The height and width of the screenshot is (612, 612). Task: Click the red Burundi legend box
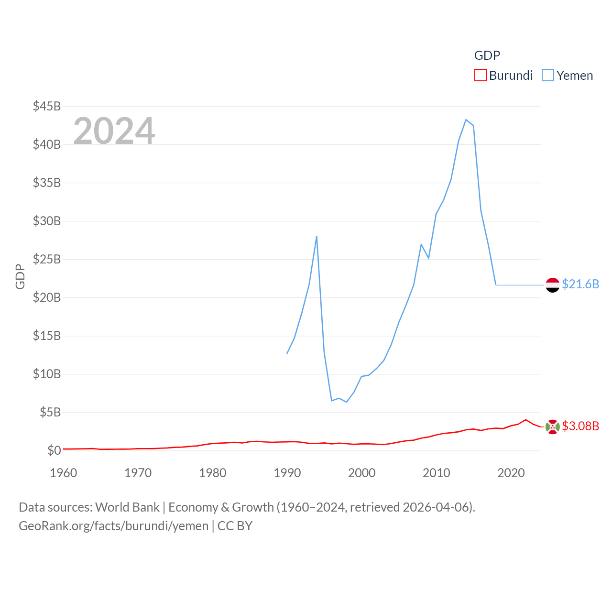[x=480, y=76]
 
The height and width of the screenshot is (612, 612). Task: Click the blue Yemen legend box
[x=547, y=76]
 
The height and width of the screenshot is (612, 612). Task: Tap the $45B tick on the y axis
[x=47, y=106]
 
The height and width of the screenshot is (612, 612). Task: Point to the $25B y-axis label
[x=47, y=259]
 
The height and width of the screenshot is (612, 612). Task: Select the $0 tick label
[x=54, y=450]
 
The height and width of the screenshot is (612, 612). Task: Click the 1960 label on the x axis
[x=63, y=473]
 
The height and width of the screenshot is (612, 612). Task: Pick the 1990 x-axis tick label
[x=287, y=473]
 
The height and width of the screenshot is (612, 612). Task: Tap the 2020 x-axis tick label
[x=511, y=473]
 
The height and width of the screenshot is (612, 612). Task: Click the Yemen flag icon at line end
[x=552, y=285]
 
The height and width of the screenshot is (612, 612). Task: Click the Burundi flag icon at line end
[x=552, y=426]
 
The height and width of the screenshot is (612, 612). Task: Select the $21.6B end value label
[x=580, y=284]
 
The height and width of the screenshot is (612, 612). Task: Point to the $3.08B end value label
[x=580, y=426]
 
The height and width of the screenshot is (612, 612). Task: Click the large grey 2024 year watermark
[x=114, y=131]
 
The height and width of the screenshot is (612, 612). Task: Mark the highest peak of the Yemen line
[x=466, y=120]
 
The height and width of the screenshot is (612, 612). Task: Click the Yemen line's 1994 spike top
[x=317, y=236]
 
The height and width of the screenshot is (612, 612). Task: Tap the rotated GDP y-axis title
[x=20, y=276]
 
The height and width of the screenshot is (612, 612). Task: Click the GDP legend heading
[x=487, y=55]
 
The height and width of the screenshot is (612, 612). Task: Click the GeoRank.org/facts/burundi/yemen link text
[x=113, y=526]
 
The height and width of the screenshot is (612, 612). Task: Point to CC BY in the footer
[x=235, y=526]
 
